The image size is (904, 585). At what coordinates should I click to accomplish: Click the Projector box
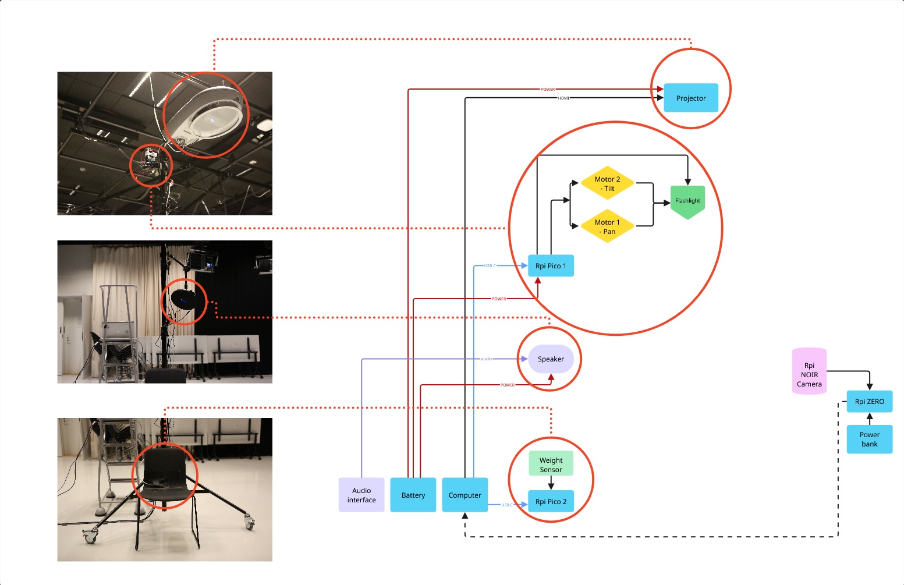(x=690, y=98)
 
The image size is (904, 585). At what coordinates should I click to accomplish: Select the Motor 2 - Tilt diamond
(x=607, y=183)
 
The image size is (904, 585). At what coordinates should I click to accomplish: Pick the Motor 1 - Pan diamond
(x=607, y=226)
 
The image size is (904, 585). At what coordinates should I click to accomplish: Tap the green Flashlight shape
(x=687, y=201)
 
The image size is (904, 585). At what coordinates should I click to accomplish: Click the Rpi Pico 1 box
(x=550, y=265)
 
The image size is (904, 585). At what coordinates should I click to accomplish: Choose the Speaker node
(x=551, y=359)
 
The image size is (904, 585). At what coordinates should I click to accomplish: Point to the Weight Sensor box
(x=551, y=464)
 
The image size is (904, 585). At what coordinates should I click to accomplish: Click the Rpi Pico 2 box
(x=551, y=501)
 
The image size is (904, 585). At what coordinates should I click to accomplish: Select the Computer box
(x=465, y=495)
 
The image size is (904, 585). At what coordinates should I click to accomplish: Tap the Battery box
(x=413, y=495)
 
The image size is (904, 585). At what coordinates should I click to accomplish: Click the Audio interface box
(x=361, y=495)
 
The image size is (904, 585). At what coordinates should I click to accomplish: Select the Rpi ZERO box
(x=869, y=401)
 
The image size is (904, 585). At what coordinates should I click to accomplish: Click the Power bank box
(x=869, y=439)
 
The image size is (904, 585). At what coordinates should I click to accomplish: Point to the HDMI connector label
(x=563, y=98)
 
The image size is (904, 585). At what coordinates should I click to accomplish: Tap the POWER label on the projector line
(x=548, y=89)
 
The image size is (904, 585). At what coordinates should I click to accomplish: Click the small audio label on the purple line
(x=486, y=359)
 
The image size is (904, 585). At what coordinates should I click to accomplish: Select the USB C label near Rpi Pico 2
(x=507, y=505)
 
